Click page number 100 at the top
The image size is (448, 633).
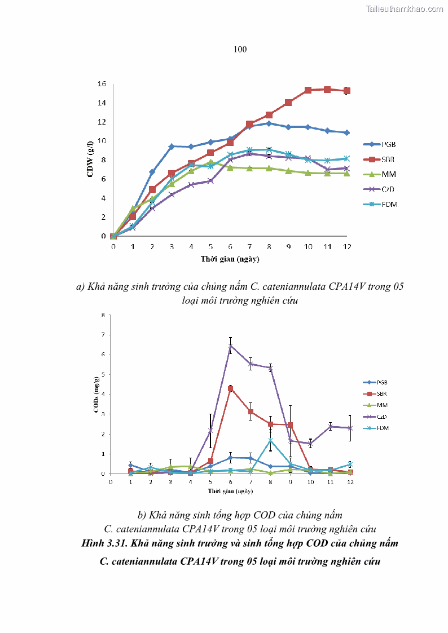click(x=240, y=50)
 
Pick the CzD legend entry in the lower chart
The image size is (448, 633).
click(x=382, y=417)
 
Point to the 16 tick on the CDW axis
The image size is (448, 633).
click(x=102, y=84)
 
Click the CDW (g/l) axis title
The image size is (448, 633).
click(x=90, y=160)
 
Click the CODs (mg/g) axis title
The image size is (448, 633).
click(x=96, y=394)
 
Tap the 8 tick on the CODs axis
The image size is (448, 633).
click(x=103, y=315)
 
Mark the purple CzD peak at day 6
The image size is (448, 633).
click(x=230, y=346)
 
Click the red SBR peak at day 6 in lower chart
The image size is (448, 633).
click(x=230, y=388)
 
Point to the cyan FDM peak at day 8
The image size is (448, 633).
click(x=270, y=440)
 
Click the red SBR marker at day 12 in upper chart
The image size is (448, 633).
click(x=346, y=90)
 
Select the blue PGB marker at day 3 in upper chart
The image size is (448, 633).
click(x=172, y=147)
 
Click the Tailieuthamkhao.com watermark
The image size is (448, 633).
click(x=405, y=8)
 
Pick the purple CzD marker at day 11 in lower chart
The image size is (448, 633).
click(x=331, y=426)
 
